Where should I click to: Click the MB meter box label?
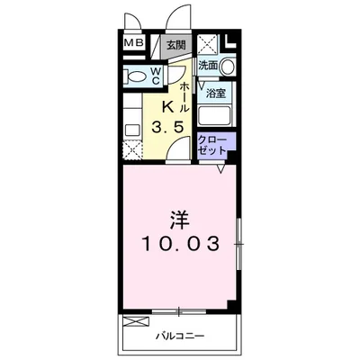coord(133,43)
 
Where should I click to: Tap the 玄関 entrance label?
coord(176,45)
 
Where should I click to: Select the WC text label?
coord(156,76)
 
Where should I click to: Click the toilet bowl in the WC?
coord(136,76)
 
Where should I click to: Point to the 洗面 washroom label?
coord(208,66)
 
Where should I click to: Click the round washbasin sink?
coord(228,66)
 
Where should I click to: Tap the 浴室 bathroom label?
coord(216,94)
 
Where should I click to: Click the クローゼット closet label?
coord(212,146)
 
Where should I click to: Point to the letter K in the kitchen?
coord(167,107)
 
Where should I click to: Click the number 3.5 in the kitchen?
coord(167,128)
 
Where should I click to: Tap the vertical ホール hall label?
coord(184,97)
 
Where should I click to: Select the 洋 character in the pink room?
coord(180,220)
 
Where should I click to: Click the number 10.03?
coord(180,244)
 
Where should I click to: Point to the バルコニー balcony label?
coord(180,336)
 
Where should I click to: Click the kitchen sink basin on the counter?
coord(132,130)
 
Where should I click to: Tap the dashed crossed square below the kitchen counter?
coord(132,150)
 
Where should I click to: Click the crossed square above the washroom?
coord(208,44)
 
